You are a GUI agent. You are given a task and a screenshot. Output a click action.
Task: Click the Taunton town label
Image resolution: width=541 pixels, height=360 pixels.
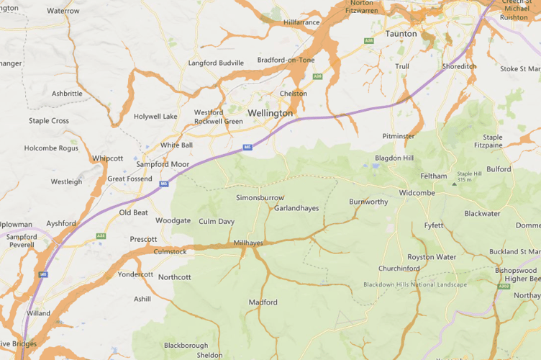point(401,34)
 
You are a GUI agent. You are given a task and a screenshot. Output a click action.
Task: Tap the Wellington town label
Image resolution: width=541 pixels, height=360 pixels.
point(270,114)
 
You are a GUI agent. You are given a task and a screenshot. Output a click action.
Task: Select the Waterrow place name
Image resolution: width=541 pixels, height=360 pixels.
point(63,12)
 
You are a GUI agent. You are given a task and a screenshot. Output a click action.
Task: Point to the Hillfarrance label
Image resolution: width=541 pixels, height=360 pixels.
point(301,23)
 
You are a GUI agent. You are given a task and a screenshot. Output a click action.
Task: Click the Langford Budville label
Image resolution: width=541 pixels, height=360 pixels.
point(216,63)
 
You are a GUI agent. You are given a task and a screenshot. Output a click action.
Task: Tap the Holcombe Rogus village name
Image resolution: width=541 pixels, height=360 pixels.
point(51,148)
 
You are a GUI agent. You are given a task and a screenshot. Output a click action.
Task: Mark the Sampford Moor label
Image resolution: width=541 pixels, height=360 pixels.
point(163,164)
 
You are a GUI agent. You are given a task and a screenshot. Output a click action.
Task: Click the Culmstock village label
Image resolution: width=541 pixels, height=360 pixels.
point(170,251)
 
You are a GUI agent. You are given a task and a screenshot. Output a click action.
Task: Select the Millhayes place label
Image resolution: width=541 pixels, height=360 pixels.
point(248,243)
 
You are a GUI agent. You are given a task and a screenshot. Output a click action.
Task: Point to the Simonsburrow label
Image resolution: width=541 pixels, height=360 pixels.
point(260,197)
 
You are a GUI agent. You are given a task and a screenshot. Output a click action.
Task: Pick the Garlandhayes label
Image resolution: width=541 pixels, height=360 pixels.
point(296,208)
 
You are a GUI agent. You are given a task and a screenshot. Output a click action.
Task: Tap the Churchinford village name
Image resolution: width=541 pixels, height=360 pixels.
point(399,269)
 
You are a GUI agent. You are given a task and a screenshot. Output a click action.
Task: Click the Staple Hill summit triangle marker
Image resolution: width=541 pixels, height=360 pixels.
point(453,184)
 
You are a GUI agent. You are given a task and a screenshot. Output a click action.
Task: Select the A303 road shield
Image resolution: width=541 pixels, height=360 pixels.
point(503,286)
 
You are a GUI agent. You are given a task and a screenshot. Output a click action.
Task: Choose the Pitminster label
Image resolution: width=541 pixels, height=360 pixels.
point(399,135)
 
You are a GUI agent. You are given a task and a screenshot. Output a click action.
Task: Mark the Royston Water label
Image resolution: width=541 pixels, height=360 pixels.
point(432,257)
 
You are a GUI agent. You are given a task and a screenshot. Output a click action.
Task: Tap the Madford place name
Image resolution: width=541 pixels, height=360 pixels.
point(263,302)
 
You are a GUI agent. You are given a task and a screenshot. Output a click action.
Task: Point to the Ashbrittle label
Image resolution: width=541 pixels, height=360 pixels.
point(67,94)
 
